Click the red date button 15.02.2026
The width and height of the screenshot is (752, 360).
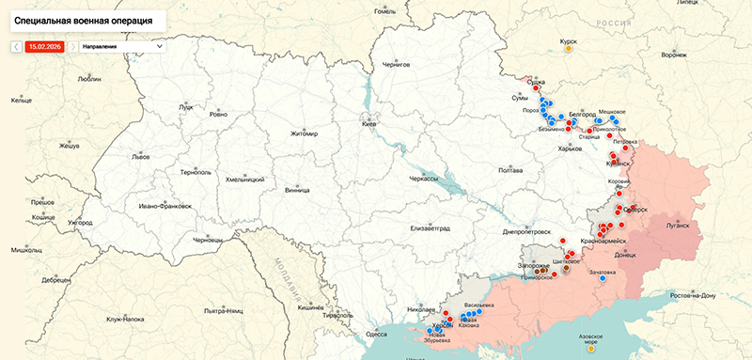[x=45, y=45]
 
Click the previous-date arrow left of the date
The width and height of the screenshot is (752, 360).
[x=16, y=45]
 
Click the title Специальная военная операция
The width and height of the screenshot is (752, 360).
[x=85, y=19]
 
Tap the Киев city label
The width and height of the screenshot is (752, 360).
[x=369, y=124]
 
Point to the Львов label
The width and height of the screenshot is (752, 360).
[x=140, y=157]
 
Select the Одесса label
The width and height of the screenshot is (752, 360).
[x=376, y=333]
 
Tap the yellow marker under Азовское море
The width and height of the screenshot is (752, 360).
[x=590, y=349]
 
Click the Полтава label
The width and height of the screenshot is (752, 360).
[x=509, y=170]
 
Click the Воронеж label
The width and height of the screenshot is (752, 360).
[x=674, y=55]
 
